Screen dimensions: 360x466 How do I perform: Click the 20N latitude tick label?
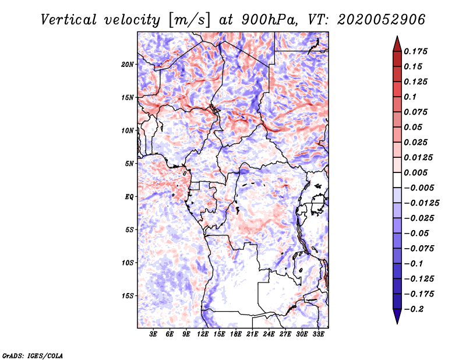128,64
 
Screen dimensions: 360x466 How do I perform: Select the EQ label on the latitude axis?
129,197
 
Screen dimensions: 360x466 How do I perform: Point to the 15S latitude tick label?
128,296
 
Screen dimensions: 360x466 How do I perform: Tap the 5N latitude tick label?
129,164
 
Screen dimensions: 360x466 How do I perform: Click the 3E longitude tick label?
154,334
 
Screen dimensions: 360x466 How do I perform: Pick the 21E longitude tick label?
253,334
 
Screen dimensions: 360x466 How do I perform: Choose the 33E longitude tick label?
319,334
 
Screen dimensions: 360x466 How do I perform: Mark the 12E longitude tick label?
203,334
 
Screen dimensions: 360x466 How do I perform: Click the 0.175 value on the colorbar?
417,51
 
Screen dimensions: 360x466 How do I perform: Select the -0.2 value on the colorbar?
415,309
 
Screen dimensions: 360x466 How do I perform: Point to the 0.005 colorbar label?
417,172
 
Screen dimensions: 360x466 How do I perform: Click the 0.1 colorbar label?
412,97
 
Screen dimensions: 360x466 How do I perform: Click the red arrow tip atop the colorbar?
397,40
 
